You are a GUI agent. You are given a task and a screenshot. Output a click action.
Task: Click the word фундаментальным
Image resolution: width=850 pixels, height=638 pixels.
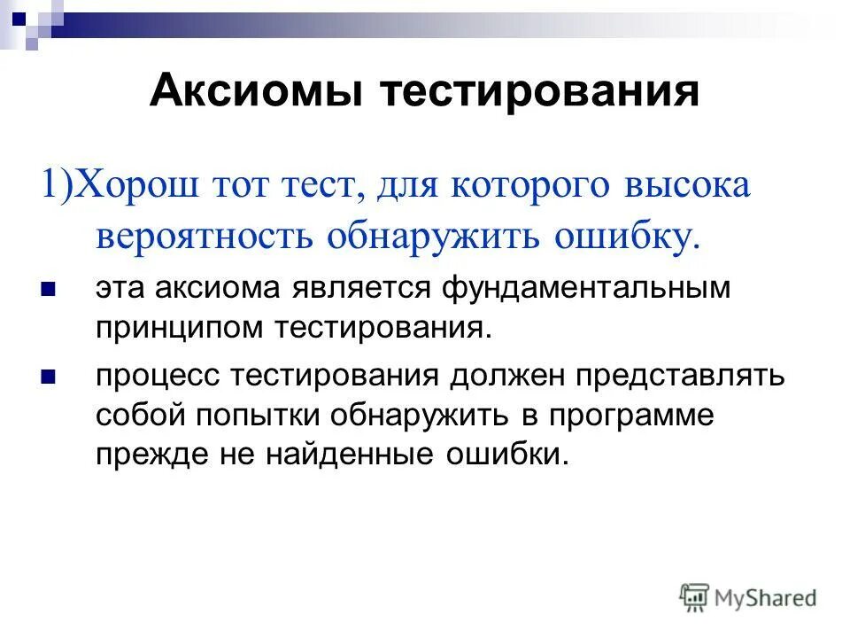tap(586, 288)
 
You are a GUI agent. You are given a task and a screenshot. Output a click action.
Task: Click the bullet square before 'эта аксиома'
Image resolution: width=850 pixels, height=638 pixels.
tap(49, 289)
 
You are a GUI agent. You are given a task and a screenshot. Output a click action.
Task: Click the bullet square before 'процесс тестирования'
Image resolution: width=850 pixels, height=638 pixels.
tap(49, 377)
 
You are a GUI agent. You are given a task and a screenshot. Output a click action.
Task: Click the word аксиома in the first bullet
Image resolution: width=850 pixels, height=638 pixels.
tap(219, 288)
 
